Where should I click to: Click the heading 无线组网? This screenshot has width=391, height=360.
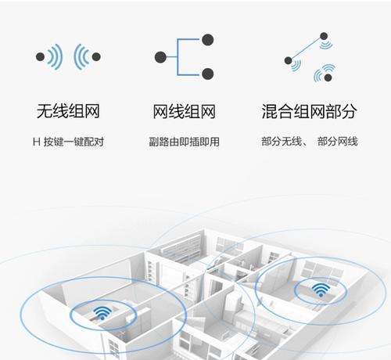pos(68,111)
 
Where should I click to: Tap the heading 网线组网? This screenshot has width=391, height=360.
pos(184,111)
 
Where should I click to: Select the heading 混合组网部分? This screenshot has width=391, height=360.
pos(309,111)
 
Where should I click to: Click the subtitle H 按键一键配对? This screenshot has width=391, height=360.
pos(68,142)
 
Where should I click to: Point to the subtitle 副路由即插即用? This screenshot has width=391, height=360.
pos(184,142)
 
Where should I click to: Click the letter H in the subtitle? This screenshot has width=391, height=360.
pos(36,142)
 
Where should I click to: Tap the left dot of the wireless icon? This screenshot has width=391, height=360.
pos(40,56)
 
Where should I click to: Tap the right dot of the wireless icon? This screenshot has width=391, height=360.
pos(96,56)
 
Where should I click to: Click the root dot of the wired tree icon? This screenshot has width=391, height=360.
pos(160,57)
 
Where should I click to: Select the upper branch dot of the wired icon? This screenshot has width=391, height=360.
pos(208,40)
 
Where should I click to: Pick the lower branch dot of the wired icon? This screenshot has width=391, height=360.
pos(208,74)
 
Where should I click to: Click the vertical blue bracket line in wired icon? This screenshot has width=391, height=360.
pos(178,57)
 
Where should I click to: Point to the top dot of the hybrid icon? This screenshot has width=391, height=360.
pos(324,36)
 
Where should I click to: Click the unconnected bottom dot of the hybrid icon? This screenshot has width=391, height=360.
pos(328,77)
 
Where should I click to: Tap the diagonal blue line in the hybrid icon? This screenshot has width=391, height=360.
pos(306,49)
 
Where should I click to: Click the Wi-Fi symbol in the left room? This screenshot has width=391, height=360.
pos(102,313)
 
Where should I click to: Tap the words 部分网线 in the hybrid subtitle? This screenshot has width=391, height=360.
pos(338,142)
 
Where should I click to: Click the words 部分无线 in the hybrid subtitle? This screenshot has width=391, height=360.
pos(282,142)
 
